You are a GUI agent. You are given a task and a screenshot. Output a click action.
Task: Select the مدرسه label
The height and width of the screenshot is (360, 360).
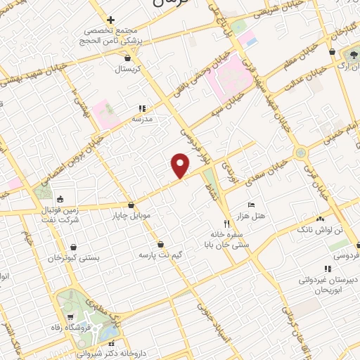pos(143,120)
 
